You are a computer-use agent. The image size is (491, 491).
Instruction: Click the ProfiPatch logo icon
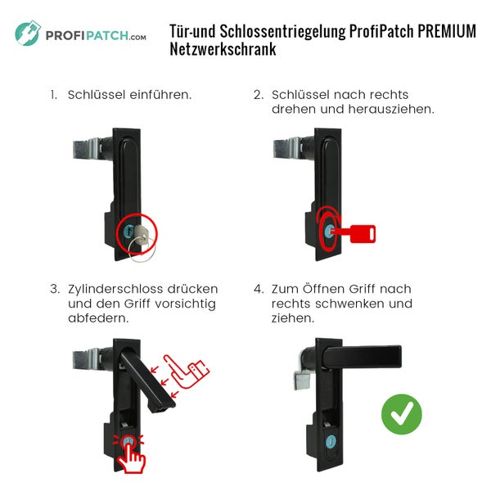click(x=28, y=34)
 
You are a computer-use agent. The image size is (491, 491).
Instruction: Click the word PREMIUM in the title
click(x=447, y=32)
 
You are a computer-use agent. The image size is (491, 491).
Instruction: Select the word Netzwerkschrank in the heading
click(x=223, y=50)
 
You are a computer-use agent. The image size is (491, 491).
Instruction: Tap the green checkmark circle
click(x=402, y=414)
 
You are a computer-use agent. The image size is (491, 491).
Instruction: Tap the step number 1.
click(x=52, y=95)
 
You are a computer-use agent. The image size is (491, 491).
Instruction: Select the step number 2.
click(x=258, y=95)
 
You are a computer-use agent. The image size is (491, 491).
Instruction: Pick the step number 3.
click(x=54, y=289)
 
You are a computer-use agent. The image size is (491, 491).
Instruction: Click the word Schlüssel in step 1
click(x=95, y=95)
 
